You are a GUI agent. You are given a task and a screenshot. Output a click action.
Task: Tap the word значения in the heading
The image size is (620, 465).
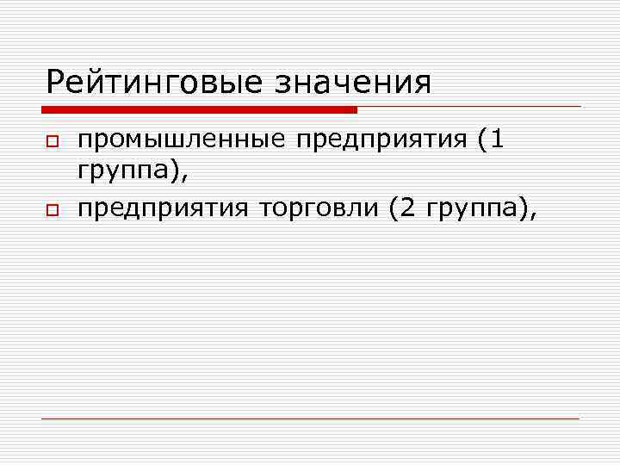point(353,84)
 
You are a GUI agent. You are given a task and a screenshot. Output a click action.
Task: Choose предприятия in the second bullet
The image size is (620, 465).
point(164,208)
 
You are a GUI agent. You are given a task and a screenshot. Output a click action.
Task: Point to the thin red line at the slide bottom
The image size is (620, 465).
point(310,419)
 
